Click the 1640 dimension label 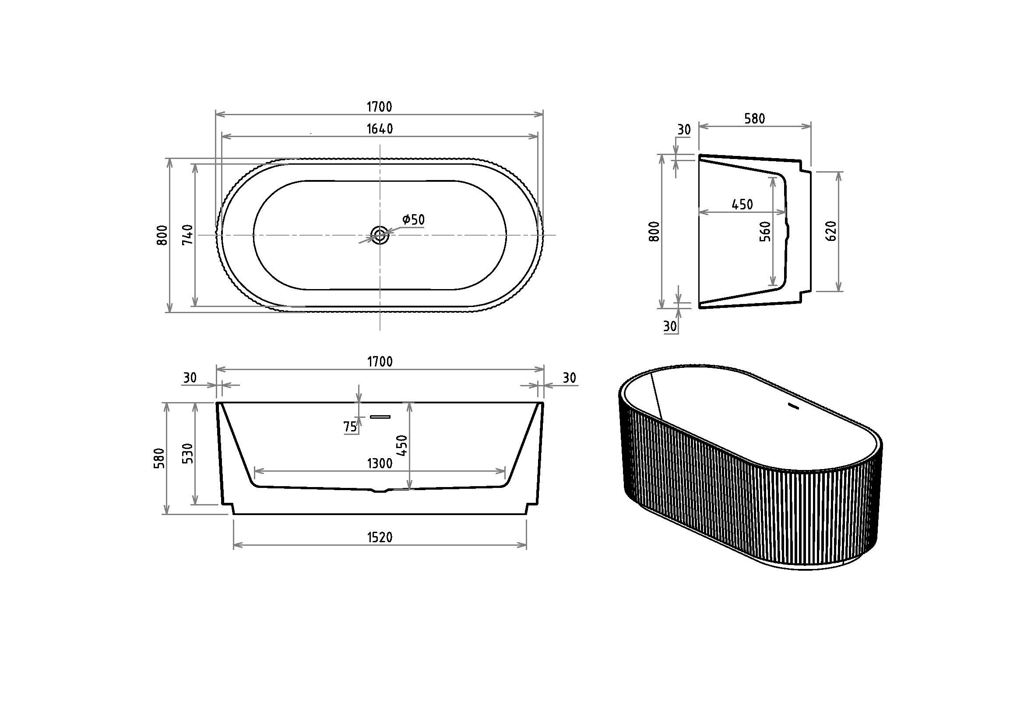point(380,129)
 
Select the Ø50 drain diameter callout point(413,219)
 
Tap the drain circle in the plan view point(380,234)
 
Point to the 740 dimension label point(188,235)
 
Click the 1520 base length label point(380,537)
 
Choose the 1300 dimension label point(380,464)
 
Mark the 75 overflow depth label point(350,427)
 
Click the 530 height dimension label point(189,453)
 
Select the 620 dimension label point(831,231)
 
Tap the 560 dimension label point(764,232)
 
